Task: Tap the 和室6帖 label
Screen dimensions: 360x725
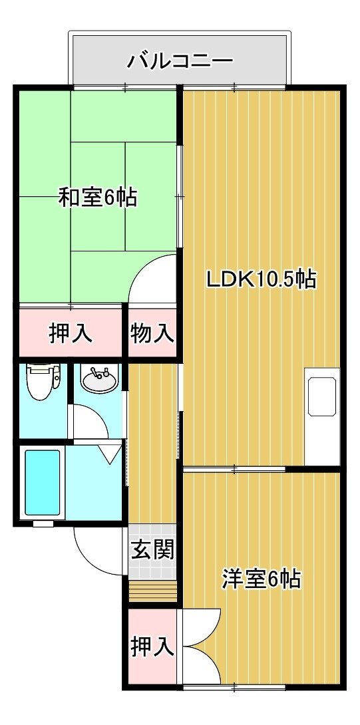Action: pyautogui.click(x=98, y=198)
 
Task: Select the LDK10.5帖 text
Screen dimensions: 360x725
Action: pyautogui.click(x=262, y=279)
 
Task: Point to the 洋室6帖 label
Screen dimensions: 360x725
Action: pyautogui.click(x=262, y=578)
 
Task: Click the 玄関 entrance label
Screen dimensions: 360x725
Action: pyautogui.click(x=152, y=549)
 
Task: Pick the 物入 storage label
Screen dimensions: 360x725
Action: pyautogui.click(x=152, y=333)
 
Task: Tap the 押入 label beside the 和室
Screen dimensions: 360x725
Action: pyautogui.click(x=71, y=333)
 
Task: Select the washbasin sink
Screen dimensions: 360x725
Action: pyautogui.click(x=100, y=378)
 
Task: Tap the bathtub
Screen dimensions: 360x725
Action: pyautogui.click(x=42, y=482)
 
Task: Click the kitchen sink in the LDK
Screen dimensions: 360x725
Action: pyautogui.click(x=322, y=396)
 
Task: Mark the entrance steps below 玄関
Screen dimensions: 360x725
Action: pyautogui.click(x=152, y=591)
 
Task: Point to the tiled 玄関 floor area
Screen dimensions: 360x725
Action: pyautogui.click(x=152, y=551)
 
